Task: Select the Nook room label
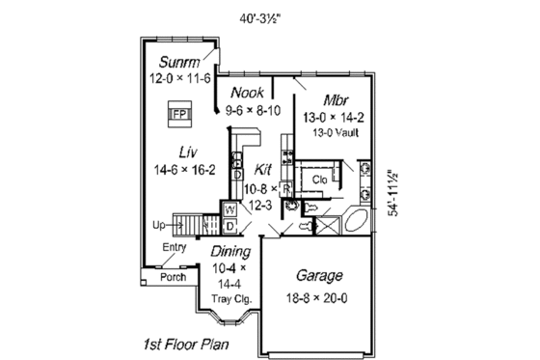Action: [248, 94]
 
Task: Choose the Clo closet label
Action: [320, 180]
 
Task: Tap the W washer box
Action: [230, 208]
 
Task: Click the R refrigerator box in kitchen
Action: [285, 187]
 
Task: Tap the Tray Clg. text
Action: [231, 299]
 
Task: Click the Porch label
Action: [173, 276]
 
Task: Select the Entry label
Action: [174, 248]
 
